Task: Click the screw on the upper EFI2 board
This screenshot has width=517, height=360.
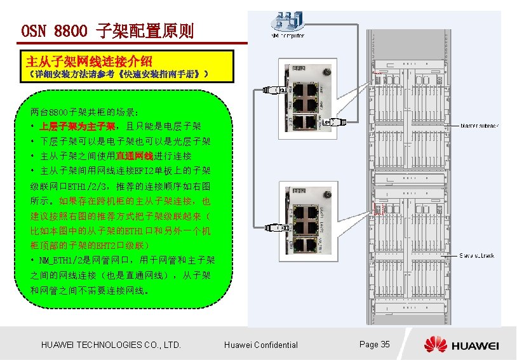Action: pos(327,71)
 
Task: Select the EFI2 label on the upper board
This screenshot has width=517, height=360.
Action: pos(299,68)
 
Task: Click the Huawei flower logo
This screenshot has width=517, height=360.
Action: pos(436,344)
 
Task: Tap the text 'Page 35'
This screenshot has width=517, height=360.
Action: pos(375,344)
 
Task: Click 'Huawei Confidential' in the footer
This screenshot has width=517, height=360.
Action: pos(261,345)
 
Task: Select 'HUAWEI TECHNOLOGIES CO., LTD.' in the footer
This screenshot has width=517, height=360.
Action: pos(111,345)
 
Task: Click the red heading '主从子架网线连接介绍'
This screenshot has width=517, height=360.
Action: pos(89,62)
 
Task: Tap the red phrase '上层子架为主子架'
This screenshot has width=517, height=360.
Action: pos(77,126)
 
